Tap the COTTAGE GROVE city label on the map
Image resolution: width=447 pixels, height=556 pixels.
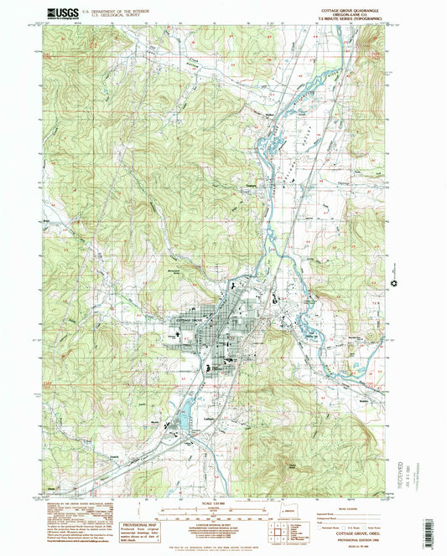191,321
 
